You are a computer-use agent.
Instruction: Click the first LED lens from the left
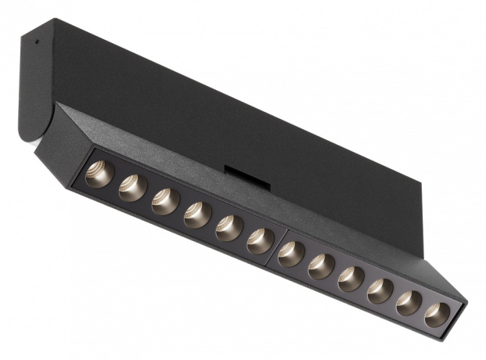tap(100, 174)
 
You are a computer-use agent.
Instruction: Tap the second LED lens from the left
tap(132, 188)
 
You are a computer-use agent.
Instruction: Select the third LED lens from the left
tap(165, 201)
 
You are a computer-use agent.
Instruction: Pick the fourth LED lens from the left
tap(197, 214)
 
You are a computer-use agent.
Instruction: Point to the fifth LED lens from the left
tap(229, 228)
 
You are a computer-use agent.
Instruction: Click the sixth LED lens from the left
tap(261, 241)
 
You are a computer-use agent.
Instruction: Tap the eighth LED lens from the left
tap(322, 267)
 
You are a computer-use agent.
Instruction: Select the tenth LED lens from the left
tap(380, 291)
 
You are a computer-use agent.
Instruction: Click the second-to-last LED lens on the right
tap(409, 304)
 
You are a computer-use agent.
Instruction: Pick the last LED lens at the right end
tap(437, 315)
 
